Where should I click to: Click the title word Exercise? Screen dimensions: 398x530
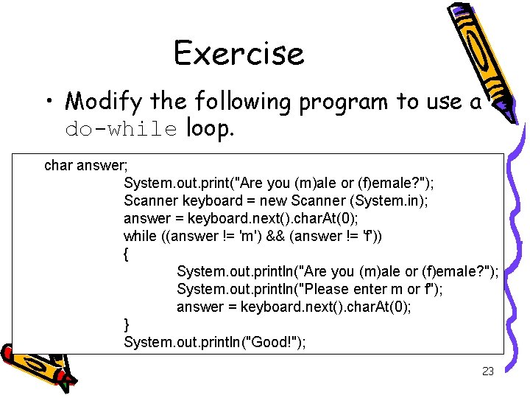click(x=239, y=53)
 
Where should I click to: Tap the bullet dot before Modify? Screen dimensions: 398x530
click(x=48, y=101)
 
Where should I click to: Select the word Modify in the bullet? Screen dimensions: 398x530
click(x=104, y=100)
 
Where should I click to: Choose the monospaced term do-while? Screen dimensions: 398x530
click(x=121, y=130)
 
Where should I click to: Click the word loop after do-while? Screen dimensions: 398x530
click(x=210, y=129)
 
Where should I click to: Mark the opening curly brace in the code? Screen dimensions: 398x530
click(x=127, y=254)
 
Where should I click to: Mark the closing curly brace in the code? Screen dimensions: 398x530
click(x=127, y=324)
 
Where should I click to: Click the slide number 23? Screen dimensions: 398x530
click(x=487, y=371)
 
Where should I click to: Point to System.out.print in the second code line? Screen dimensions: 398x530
click(x=171, y=183)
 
